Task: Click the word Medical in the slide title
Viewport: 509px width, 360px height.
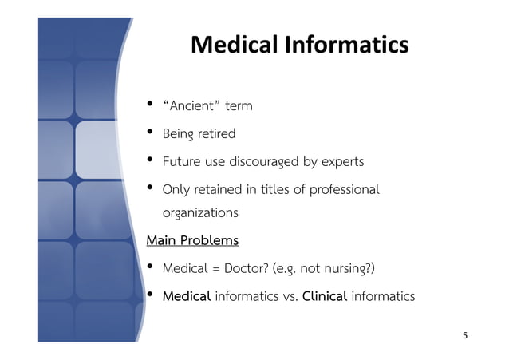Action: (232, 45)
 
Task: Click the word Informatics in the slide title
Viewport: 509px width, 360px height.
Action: (345, 45)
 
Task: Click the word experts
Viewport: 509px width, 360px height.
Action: (343, 162)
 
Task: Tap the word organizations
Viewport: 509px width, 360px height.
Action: (200, 213)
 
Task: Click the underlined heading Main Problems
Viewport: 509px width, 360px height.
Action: (192, 240)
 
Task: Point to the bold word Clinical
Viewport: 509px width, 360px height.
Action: (324, 296)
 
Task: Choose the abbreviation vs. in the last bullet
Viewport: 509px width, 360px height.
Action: (289, 296)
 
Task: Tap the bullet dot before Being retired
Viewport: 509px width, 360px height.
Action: (150, 133)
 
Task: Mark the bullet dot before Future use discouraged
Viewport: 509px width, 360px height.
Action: (150, 160)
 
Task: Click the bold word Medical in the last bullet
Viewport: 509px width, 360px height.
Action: (187, 296)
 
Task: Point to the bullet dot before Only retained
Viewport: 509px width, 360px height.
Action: (150, 188)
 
